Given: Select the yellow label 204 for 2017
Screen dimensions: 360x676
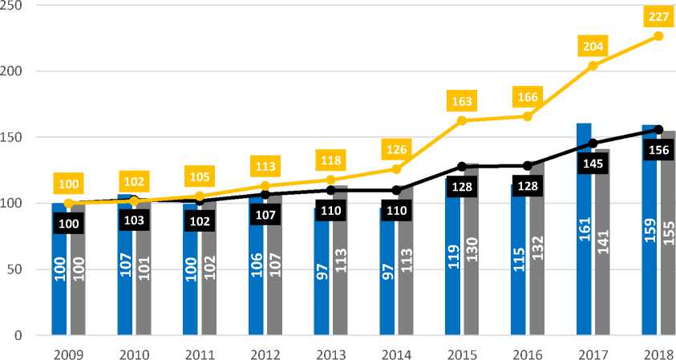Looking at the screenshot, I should [593, 47].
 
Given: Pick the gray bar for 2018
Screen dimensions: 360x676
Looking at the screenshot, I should [669, 233].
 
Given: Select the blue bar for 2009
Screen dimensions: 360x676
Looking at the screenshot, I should [59, 269].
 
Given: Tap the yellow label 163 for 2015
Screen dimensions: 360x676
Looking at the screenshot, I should [462, 102].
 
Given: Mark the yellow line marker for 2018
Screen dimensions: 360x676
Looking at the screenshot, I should [658, 36].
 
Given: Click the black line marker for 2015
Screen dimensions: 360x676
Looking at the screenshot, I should [462, 167].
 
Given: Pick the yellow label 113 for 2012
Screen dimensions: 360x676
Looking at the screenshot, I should [265, 167].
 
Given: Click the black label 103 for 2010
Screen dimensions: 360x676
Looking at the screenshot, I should [135, 220].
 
